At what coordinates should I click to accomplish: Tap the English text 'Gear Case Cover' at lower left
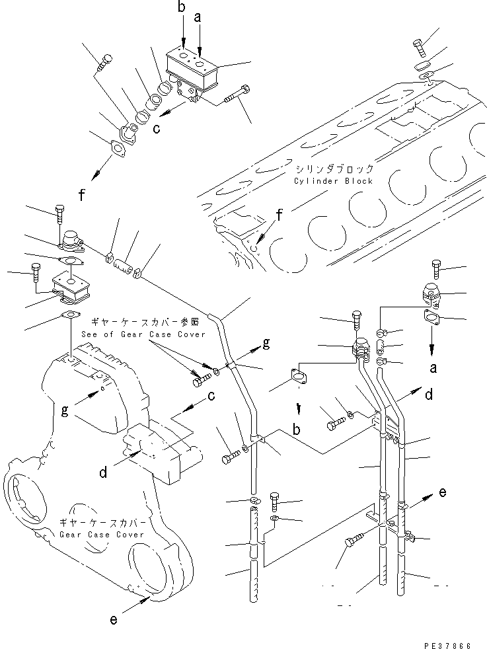(x=101, y=534)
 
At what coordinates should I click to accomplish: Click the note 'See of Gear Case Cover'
(x=143, y=334)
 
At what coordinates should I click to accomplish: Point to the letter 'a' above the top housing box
(x=197, y=20)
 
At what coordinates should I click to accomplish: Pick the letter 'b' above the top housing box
(x=182, y=8)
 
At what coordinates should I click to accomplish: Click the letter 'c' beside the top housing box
(x=157, y=129)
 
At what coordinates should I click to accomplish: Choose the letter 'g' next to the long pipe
(x=266, y=342)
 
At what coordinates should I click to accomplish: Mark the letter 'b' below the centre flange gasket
(x=297, y=430)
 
